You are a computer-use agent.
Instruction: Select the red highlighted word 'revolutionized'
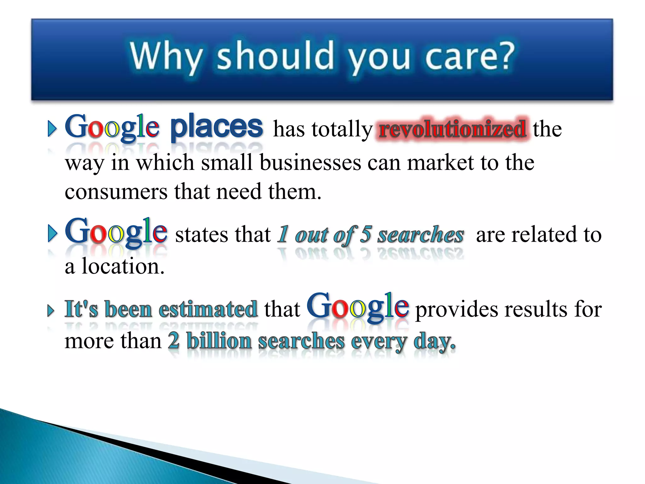point(452,129)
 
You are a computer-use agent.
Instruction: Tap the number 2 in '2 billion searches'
point(174,341)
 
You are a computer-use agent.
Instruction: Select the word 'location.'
point(123,266)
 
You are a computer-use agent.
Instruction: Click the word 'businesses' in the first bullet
point(310,163)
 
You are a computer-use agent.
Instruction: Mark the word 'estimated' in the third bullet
point(208,309)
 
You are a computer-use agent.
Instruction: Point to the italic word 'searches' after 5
point(420,235)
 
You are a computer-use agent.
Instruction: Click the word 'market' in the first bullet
point(440,163)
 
